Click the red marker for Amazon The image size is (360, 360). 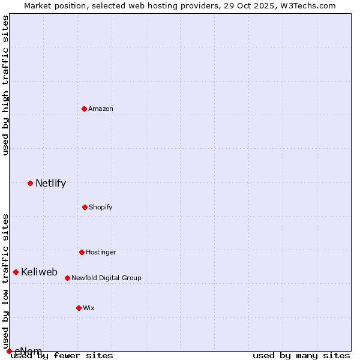point(84,109)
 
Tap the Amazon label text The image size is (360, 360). point(101,109)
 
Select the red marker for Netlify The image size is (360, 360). point(30,183)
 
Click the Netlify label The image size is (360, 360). point(50,184)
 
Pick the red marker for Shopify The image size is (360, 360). point(85,207)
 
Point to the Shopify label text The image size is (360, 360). point(101,208)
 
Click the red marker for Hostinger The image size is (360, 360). point(82,252)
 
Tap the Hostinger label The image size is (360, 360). point(101,253)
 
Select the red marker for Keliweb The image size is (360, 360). point(16,272)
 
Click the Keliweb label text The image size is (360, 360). point(39,272)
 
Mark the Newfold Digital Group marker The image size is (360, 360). point(67,278)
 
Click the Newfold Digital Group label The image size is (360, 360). point(106,278)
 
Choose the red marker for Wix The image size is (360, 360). point(79,308)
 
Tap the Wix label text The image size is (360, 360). point(89,308)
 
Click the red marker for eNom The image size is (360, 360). point(9,351)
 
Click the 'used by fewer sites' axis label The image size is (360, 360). point(62,356)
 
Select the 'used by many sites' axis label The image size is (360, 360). point(301,356)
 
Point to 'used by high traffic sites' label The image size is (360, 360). point(6,85)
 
